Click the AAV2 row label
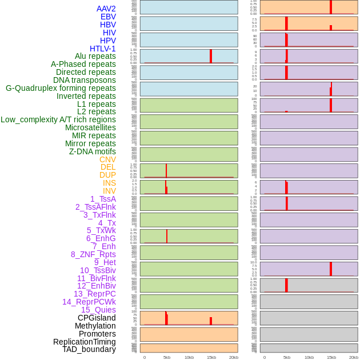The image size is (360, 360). [106, 9]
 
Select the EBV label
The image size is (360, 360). [108, 17]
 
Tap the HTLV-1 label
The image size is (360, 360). [102, 49]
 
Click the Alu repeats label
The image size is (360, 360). [95, 56]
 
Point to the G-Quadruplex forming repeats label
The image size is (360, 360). [61, 88]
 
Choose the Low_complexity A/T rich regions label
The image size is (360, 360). [58, 119]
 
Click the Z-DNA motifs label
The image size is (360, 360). [93, 151]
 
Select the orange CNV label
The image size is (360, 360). [107, 159]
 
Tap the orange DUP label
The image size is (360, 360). [107, 175]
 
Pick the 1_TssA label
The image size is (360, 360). [103, 199]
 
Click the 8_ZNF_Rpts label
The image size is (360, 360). [93, 254]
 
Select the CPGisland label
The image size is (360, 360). [97, 318]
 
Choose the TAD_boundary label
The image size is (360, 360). [89, 349]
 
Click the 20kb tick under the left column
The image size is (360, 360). [234, 357]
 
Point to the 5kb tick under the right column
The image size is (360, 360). [287, 357]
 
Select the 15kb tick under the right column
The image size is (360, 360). [331, 357]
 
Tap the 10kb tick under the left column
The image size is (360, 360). [189, 357]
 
